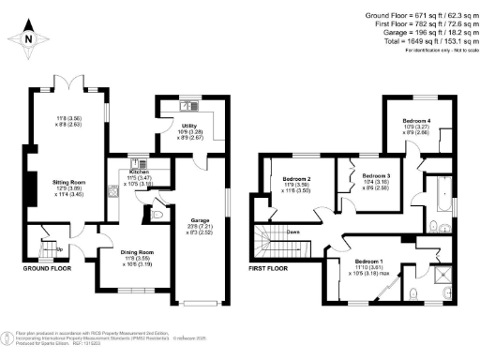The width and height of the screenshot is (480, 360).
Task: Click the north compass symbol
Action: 27,37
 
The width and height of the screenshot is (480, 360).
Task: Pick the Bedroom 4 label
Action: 416,121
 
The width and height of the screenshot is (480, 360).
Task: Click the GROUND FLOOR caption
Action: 47,268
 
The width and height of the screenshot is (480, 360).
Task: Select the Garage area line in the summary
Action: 418,32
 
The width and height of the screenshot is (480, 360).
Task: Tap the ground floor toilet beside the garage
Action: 160,216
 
